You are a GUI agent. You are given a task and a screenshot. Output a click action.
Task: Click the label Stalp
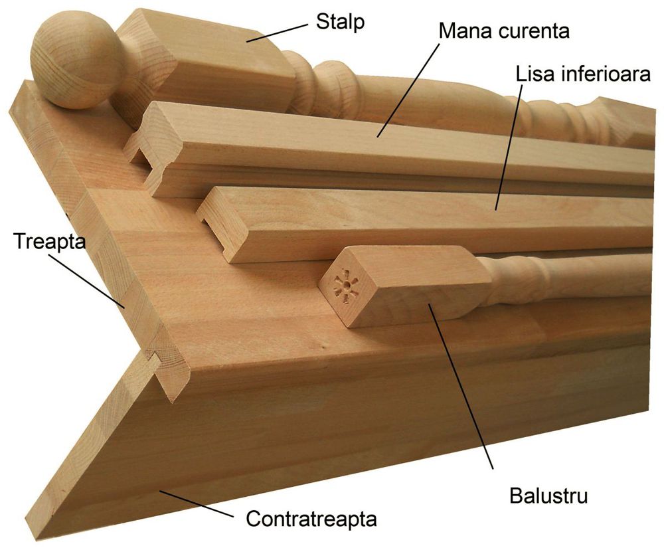click(340, 21)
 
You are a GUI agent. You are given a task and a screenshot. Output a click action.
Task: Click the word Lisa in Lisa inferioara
click(535, 74)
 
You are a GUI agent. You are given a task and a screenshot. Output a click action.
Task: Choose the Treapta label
click(49, 242)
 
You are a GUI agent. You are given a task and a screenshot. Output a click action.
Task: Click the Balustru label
click(548, 496)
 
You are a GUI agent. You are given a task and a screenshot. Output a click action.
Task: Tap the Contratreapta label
click(311, 518)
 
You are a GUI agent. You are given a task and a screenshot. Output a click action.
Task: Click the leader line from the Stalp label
click(278, 33)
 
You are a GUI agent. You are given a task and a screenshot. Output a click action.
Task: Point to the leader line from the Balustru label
click(461, 386)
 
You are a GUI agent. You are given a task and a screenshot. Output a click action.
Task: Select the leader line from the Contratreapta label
click(196, 504)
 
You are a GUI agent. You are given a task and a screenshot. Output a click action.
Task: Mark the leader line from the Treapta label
click(86, 280)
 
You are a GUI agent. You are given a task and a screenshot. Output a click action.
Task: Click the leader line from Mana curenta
click(408, 89)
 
